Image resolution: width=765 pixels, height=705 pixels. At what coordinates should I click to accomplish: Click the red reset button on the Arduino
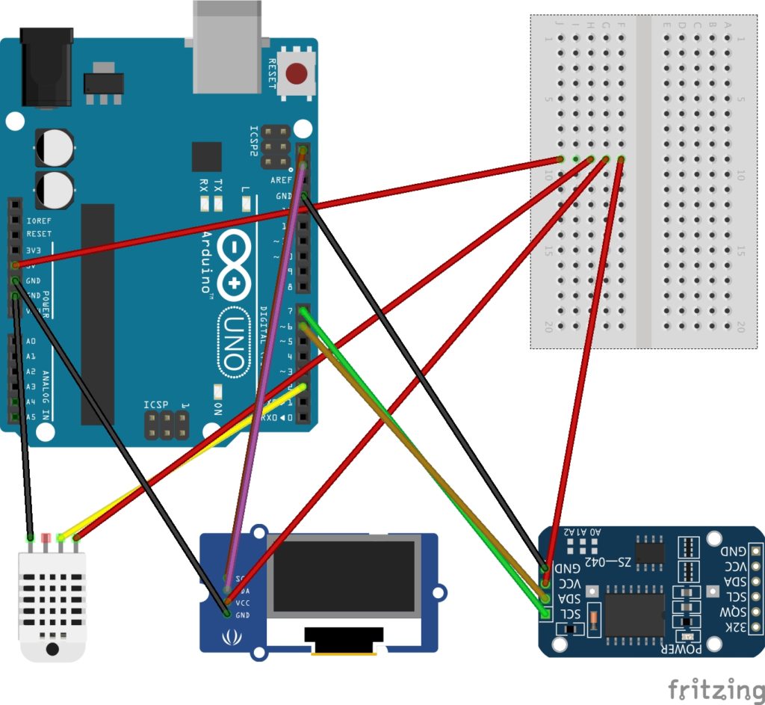tap(297, 74)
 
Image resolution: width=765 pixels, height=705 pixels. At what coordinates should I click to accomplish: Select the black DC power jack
tap(46, 67)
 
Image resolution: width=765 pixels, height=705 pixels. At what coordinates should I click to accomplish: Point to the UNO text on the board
tap(233, 343)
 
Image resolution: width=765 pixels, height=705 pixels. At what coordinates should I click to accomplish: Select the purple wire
tap(266, 359)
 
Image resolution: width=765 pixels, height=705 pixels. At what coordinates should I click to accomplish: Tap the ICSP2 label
tap(255, 141)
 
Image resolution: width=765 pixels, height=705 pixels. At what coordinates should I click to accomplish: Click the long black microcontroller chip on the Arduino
tap(97, 314)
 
